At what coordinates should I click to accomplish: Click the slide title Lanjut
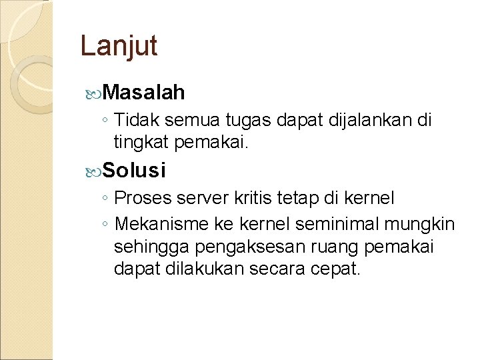point(119,46)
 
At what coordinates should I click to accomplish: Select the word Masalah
point(145,93)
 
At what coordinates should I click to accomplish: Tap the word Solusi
point(135,170)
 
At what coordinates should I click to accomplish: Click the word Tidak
point(136,121)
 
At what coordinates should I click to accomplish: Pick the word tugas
point(250,121)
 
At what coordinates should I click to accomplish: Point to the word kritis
point(256,198)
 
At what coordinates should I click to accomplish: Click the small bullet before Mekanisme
point(105,223)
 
